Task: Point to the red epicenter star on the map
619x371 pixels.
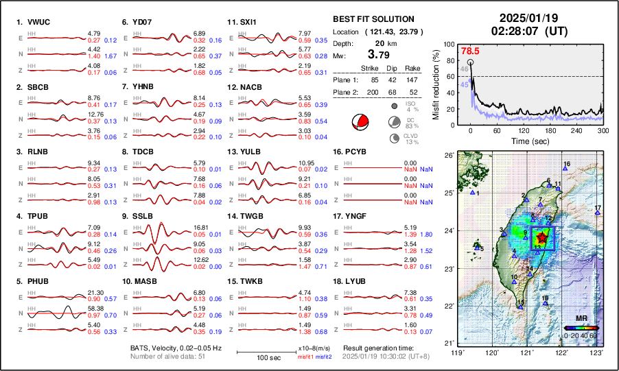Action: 541,238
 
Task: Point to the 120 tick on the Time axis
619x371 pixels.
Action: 524,130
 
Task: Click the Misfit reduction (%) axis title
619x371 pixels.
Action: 436,85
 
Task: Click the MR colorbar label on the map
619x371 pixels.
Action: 581,319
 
